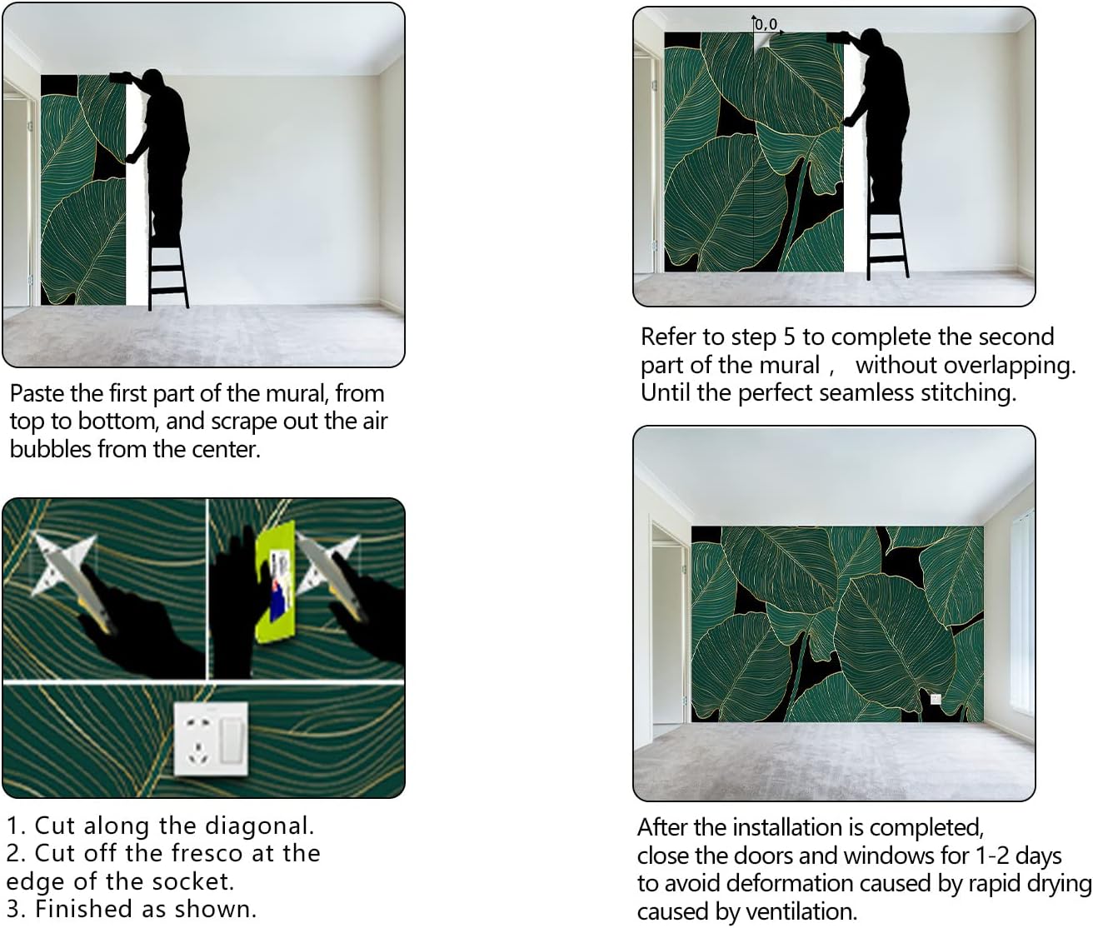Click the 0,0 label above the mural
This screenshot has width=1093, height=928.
click(766, 24)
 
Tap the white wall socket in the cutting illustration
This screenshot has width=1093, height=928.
click(212, 739)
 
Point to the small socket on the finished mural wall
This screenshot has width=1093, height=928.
click(936, 699)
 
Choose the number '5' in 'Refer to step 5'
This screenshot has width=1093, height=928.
click(790, 337)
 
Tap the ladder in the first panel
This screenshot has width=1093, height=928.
click(168, 259)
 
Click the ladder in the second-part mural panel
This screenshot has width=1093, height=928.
click(888, 241)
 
